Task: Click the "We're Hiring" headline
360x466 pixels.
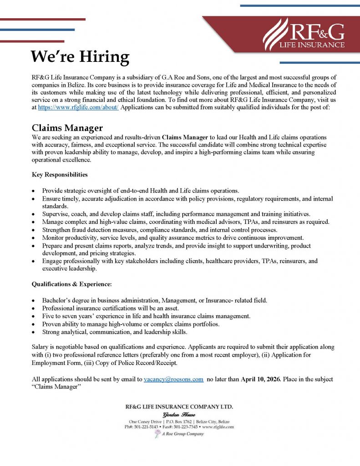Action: pyautogui.click(x=80, y=57)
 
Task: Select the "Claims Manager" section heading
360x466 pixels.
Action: pyautogui.click(x=67, y=128)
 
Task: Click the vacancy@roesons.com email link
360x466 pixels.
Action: pyautogui.click(x=173, y=379)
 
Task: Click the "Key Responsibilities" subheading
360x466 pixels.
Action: pyautogui.click(x=60, y=174)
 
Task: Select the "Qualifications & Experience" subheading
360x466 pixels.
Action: pyautogui.click(x=71, y=284)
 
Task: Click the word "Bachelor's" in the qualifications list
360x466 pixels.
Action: pyautogui.click(x=58, y=300)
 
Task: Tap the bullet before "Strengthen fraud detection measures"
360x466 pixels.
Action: pyautogui.click(x=34, y=230)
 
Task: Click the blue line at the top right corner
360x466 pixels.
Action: pyautogui.click(x=299, y=6)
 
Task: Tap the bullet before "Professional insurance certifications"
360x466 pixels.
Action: pyautogui.click(x=34, y=309)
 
